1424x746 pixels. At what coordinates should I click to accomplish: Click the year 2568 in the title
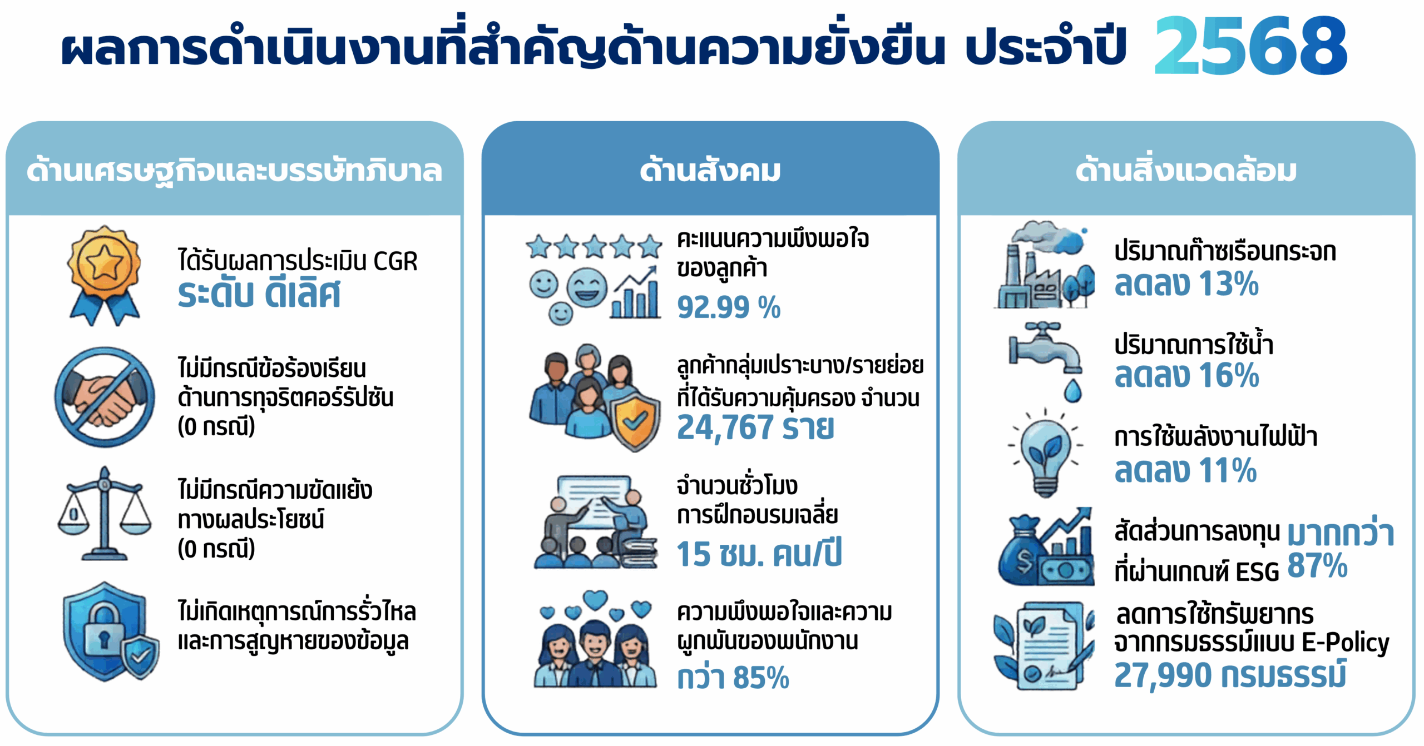(1250, 46)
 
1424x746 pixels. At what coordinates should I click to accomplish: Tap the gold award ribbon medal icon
(104, 275)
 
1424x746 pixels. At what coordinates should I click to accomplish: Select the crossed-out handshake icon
(105, 397)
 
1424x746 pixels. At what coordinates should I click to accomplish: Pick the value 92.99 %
(729, 307)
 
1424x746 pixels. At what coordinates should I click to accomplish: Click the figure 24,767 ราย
(755, 427)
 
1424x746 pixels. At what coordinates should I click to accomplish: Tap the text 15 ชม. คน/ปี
(759, 553)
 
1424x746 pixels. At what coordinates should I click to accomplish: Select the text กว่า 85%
(733, 677)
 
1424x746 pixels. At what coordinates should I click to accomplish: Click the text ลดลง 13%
(1186, 284)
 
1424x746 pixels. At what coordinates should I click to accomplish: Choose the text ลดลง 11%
(1185, 470)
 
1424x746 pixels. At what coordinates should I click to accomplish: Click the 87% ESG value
(1317, 566)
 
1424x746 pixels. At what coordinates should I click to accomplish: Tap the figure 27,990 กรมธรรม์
(1230, 675)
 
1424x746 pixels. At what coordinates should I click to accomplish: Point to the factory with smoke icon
(1045, 265)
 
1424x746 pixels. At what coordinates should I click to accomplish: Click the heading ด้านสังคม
(710, 170)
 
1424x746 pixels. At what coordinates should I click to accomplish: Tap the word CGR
(395, 261)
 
